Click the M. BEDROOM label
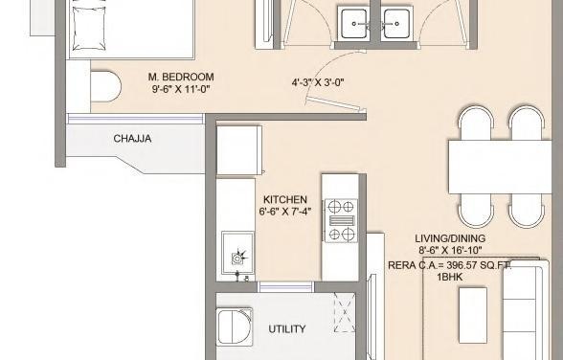click(x=181, y=77)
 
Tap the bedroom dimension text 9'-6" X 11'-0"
click(x=181, y=89)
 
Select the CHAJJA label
click(x=132, y=139)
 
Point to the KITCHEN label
click(x=285, y=199)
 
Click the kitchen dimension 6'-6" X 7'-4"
click(x=285, y=212)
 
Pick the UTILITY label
click(x=287, y=329)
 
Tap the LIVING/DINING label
click(x=449, y=238)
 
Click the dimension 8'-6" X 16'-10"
click(x=449, y=251)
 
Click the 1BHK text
click(x=449, y=277)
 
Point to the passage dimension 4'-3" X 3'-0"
click(x=318, y=82)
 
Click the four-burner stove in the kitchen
click(x=342, y=221)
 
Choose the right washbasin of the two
click(x=395, y=20)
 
